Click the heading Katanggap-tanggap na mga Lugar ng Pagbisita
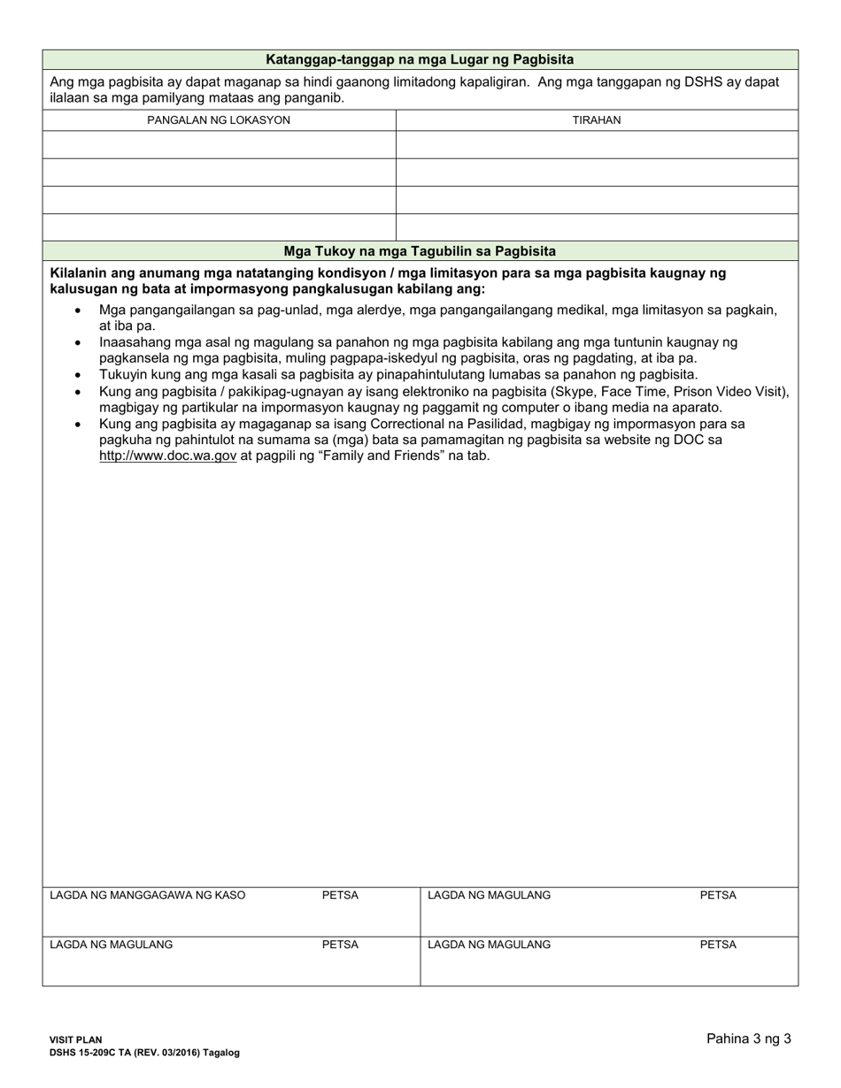click(420, 59)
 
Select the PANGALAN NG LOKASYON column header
click(219, 120)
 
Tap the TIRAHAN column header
click(596, 120)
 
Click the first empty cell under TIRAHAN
click(596, 145)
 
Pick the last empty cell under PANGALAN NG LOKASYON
click(219, 227)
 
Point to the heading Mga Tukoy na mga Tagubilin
click(420, 250)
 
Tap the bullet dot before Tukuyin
click(80, 375)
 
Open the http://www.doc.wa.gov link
click(167, 456)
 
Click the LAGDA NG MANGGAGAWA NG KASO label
click(148, 895)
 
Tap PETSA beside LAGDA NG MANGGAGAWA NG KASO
click(340, 895)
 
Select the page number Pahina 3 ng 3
click(748, 1039)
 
